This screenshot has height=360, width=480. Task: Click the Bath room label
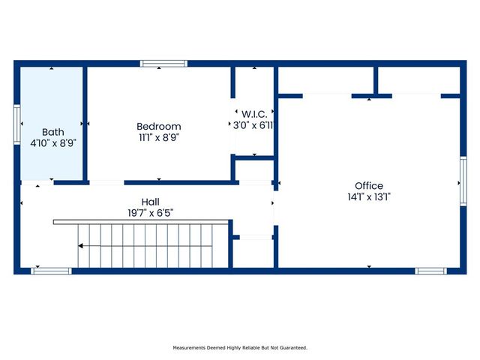[52, 130]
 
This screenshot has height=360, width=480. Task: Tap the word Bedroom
[158, 126]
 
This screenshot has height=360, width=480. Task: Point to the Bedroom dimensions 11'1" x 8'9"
[158, 137]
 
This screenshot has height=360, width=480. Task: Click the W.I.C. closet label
[253, 115]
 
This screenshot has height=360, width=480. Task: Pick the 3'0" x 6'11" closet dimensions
[253, 126]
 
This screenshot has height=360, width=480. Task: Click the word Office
[369, 186]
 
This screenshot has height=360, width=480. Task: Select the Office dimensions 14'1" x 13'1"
[369, 197]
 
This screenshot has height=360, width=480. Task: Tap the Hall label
[150, 202]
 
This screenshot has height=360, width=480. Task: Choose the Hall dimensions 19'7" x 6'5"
[150, 213]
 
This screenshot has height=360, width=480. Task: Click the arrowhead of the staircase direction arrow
[82, 246]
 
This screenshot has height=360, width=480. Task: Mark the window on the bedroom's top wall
[159, 64]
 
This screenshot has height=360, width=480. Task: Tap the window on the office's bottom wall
[430, 271]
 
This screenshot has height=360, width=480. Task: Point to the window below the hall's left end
[51, 271]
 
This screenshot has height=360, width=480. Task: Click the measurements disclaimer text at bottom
[240, 347]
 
